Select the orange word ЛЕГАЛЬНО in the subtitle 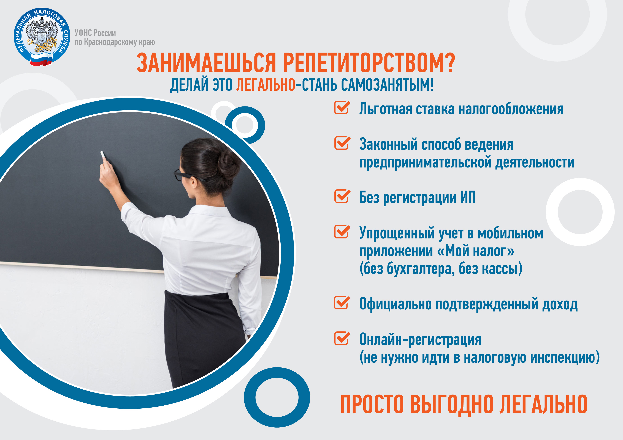tap(266, 85)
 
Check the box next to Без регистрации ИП tap(342, 196)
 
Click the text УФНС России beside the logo tap(95, 33)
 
